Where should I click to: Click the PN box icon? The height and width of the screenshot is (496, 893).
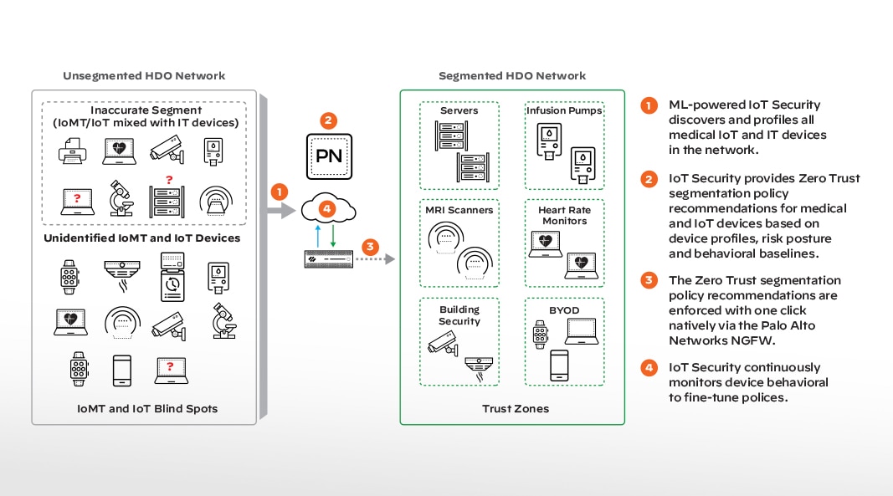(x=329, y=156)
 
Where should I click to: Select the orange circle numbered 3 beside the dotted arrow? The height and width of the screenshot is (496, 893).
(x=369, y=247)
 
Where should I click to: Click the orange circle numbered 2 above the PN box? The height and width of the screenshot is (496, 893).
(x=329, y=120)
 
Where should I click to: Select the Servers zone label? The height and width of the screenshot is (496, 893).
(x=459, y=110)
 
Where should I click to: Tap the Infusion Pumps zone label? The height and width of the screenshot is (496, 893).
(x=564, y=110)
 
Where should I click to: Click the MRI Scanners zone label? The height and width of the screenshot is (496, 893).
(x=459, y=210)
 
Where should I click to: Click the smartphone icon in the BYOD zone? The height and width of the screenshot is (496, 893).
(x=559, y=365)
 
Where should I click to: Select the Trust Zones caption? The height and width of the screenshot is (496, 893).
(x=511, y=409)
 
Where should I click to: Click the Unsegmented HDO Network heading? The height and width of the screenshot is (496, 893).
(x=144, y=75)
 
